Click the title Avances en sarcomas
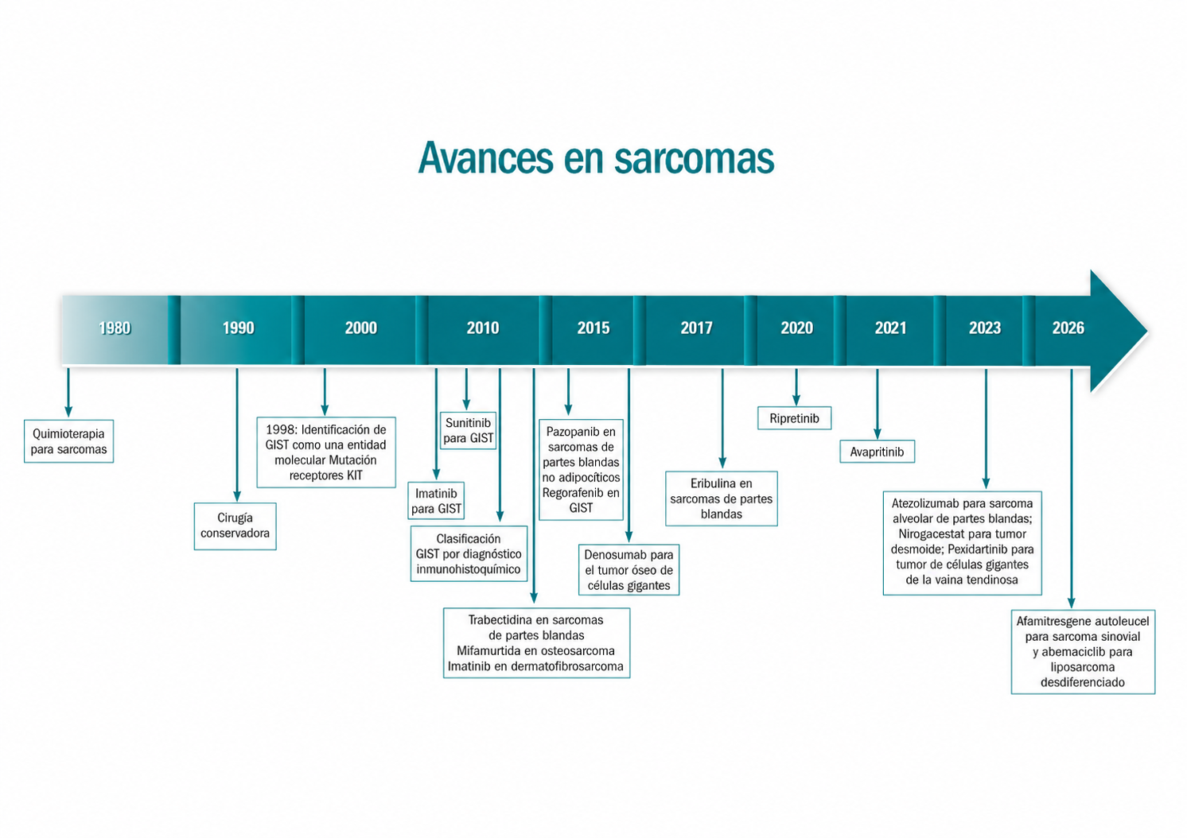tap(596, 158)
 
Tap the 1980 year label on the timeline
tap(115, 328)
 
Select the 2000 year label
tap(361, 328)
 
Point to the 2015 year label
tap(593, 328)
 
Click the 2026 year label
tap(1068, 328)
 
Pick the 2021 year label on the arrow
tap(891, 328)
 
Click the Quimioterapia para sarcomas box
tap(69, 441)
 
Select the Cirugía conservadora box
tap(235, 526)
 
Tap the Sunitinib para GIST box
tap(469, 431)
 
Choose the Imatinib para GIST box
tap(436, 501)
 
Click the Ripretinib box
tap(794, 418)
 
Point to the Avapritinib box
tap(877, 452)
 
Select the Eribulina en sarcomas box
tap(722, 499)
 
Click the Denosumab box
tap(629, 570)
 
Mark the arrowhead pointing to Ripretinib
tap(796, 401)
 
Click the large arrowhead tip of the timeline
tap(1147, 331)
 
